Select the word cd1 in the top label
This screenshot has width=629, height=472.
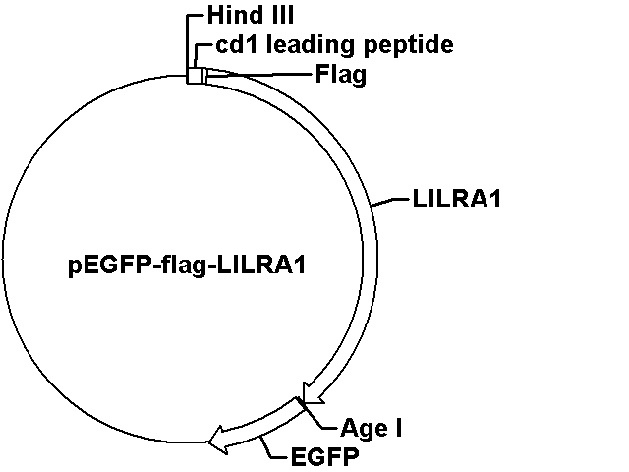point(237,45)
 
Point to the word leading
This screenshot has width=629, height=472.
point(306,46)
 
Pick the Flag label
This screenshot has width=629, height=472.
point(340,74)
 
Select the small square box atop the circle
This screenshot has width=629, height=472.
point(196,76)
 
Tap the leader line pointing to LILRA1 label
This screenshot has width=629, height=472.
point(390,202)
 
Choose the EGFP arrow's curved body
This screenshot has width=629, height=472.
point(260,426)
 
